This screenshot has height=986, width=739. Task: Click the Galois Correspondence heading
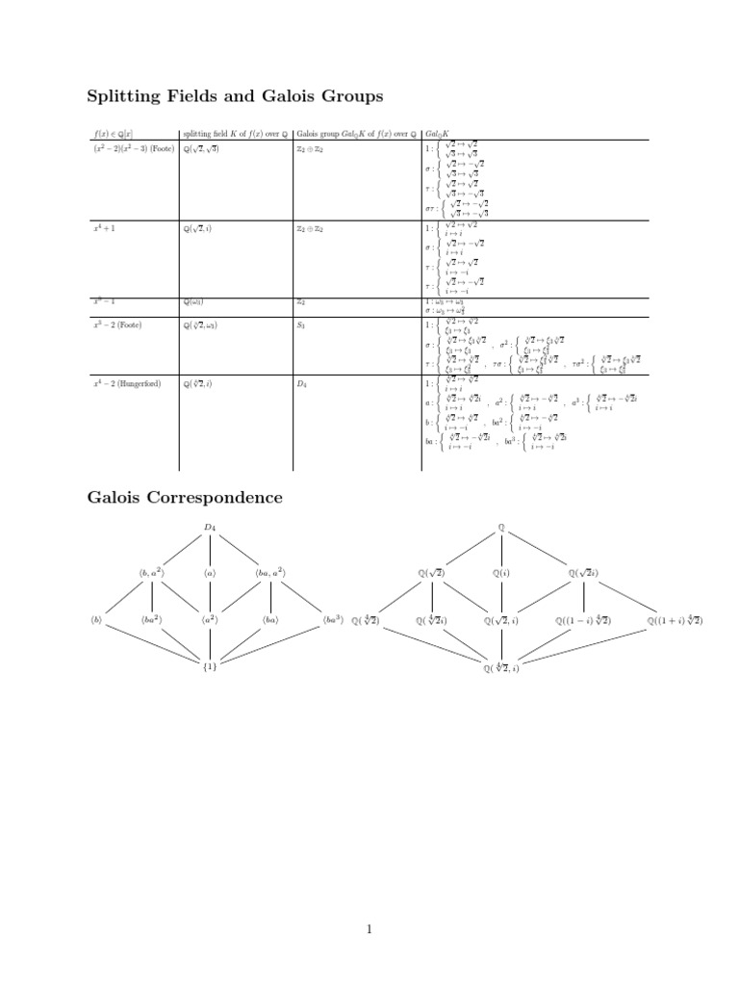185,498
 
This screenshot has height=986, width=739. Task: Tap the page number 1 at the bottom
369,929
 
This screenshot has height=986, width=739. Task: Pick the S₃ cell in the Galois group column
301,325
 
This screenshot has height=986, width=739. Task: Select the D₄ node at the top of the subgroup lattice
211,527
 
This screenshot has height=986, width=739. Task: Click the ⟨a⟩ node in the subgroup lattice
211,573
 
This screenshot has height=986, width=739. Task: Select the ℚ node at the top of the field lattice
501,527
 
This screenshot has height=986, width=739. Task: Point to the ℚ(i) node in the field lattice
501,573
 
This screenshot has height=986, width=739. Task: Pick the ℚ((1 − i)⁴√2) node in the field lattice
583,621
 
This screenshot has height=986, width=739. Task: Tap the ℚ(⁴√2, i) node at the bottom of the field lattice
501,667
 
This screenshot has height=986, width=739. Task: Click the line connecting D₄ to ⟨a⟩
211,550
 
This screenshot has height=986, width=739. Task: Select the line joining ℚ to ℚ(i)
501,550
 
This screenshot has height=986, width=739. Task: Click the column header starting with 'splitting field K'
236,133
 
